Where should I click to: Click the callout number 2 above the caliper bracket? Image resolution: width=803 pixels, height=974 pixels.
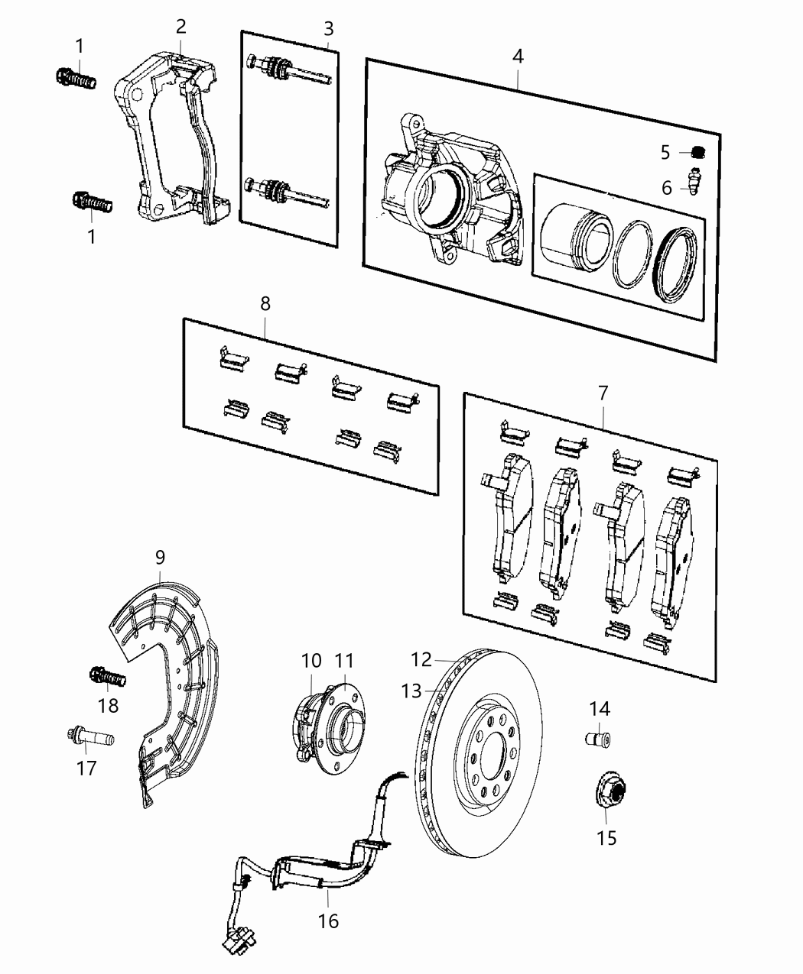(x=180, y=27)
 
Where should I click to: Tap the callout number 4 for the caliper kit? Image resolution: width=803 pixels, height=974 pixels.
(x=518, y=56)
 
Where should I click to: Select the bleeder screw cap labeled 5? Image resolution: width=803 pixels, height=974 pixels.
(x=697, y=152)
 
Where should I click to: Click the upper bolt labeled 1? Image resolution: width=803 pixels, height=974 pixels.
(x=77, y=76)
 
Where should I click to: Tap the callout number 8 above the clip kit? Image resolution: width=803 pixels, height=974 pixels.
(x=265, y=303)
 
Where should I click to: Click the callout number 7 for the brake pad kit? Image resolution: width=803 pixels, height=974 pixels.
(x=603, y=393)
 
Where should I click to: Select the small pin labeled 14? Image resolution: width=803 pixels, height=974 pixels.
(x=598, y=739)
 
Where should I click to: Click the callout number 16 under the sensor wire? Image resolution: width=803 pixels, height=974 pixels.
(x=328, y=922)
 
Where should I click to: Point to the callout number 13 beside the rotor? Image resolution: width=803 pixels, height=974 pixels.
(x=411, y=691)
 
